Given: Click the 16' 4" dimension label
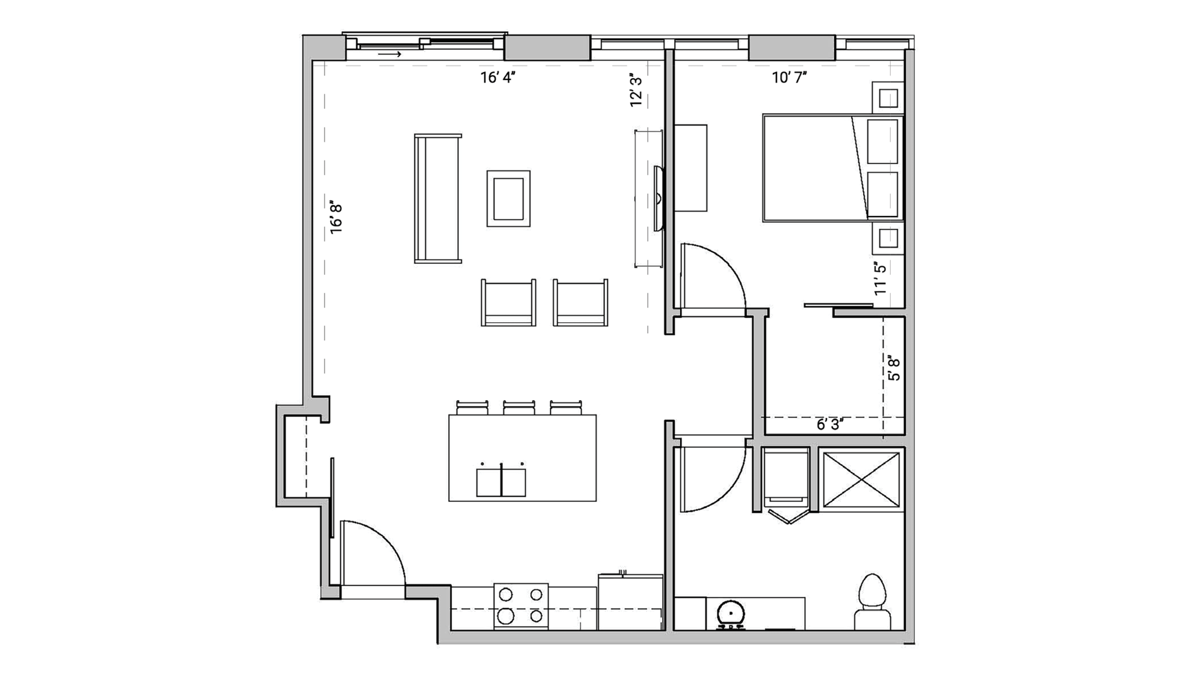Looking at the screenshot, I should (498, 78).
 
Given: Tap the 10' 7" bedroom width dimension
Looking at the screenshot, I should (789, 78).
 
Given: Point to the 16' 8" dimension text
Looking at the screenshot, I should (336, 218).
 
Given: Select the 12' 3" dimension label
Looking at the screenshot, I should (636, 91).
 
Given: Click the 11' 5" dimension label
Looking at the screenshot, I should (880, 278).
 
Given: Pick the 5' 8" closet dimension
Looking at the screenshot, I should (894, 369).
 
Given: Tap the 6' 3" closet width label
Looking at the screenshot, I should (829, 425).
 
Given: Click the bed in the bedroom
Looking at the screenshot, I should (833, 168).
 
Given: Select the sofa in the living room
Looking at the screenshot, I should (438, 198).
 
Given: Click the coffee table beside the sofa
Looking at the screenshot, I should (508, 198).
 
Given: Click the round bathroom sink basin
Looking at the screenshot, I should (731, 614).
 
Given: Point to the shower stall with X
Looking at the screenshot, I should (861, 480).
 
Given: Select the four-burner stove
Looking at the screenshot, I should (521, 605).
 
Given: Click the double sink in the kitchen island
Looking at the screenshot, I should (501, 482).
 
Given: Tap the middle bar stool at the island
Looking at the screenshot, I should (519, 408).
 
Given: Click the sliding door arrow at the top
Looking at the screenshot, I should (390, 55).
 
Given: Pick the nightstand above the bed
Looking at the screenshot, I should (888, 97).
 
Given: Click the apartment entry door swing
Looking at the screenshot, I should (370, 553).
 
